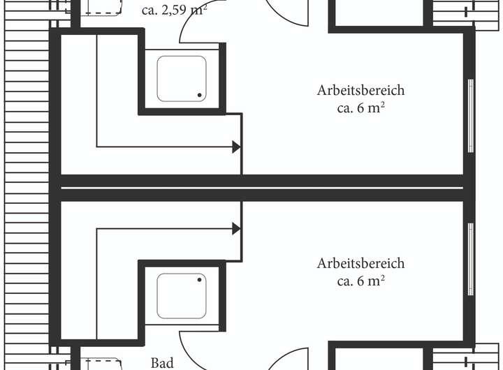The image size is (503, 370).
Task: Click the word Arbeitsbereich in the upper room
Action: [x=361, y=91]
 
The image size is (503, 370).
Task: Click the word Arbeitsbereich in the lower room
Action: [x=361, y=264]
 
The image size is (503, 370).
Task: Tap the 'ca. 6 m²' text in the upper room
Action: [x=361, y=108]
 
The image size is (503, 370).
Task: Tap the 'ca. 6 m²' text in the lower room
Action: [x=361, y=281]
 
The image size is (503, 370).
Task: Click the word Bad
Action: [x=162, y=363]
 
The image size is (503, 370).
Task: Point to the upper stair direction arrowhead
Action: [x=236, y=147]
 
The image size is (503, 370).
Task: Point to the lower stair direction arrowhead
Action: [x=236, y=228]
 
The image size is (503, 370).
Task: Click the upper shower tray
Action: [x=182, y=77]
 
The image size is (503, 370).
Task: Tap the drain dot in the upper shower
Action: [x=199, y=95]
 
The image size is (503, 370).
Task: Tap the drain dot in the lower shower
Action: [x=199, y=280]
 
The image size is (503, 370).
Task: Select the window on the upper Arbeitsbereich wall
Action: [x=470, y=115]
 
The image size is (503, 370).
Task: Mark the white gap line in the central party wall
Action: [x=262, y=188]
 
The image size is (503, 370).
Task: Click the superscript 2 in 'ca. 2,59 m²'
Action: [x=204, y=7]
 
